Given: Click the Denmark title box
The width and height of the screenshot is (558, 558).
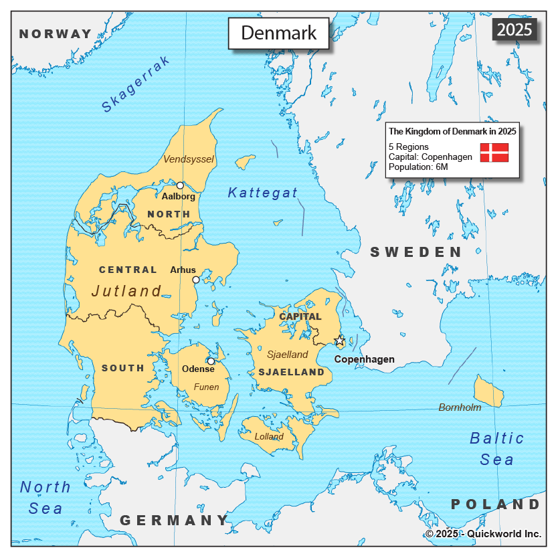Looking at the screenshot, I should (x=278, y=33).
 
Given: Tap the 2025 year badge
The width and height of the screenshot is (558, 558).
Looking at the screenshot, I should (x=515, y=29).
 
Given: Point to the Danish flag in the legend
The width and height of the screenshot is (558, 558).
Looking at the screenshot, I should (x=494, y=152).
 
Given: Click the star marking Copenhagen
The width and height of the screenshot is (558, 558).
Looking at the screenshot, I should (x=340, y=341).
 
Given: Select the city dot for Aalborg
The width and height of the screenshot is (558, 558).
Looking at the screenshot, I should (x=180, y=185).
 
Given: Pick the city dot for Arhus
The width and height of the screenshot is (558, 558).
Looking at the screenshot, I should (x=196, y=280).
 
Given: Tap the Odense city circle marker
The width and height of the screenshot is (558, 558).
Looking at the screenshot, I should (x=211, y=361).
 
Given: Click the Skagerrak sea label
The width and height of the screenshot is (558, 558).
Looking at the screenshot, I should (x=136, y=84).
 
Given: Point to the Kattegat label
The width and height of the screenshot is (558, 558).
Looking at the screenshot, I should (x=262, y=193).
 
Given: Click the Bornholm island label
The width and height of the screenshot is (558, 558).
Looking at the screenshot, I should (x=460, y=407).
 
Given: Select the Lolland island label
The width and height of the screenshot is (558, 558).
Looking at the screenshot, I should (x=269, y=436).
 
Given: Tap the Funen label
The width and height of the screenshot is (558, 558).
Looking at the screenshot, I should (x=206, y=387).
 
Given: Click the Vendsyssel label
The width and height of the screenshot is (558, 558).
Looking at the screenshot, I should (x=189, y=159).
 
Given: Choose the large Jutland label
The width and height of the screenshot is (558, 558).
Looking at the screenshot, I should (x=127, y=291).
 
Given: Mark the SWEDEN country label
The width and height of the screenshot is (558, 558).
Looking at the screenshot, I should (x=415, y=252).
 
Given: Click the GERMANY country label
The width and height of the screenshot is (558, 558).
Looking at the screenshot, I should (x=174, y=520).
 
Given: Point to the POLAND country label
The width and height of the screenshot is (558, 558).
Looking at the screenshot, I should (x=495, y=504).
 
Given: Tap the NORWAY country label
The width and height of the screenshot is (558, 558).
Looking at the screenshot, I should (x=56, y=33).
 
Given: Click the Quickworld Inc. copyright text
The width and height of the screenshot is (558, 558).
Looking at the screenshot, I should (x=483, y=533).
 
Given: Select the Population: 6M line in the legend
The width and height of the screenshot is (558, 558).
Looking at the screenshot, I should (x=418, y=167).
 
